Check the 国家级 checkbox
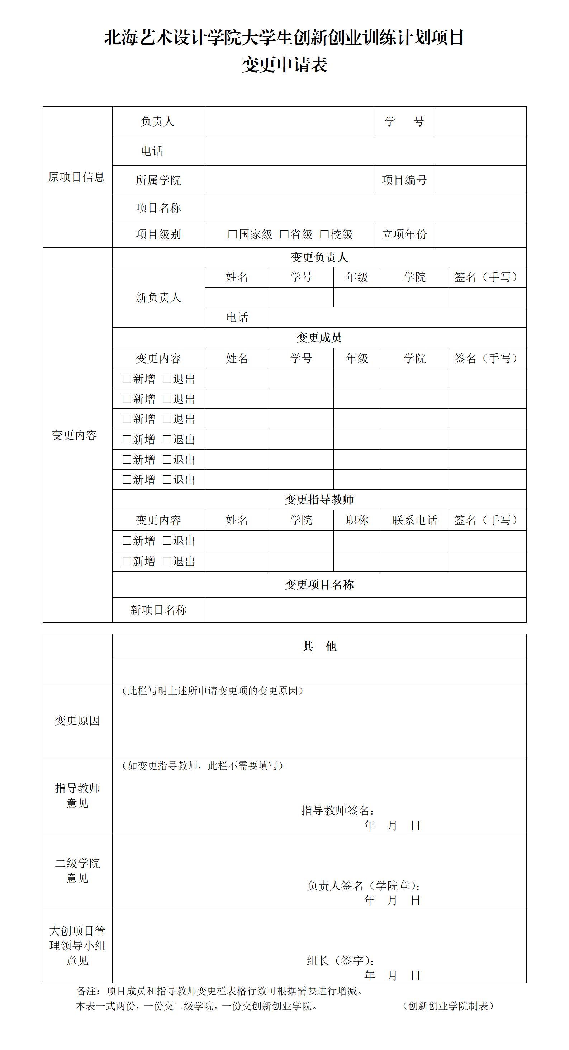(x=233, y=234)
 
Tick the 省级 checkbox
(x=284, y=234)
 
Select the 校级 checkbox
(x=324, y=234)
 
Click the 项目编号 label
(x=404, y=180)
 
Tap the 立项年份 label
(x=404, y=234)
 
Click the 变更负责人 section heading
(x=319, y=257)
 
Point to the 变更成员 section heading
(x=319, y=337)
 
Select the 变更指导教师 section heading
(x=319, y=499)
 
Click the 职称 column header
(x=357, y=520)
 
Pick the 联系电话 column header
(x=414, y=520)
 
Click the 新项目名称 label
(x=158, y=610)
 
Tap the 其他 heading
(x=319, y=646)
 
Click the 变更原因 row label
(x=77, y=721)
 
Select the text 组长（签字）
(x=340, y=961)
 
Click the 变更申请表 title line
(x=285, y=65)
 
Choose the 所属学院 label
(x=158, y=180)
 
